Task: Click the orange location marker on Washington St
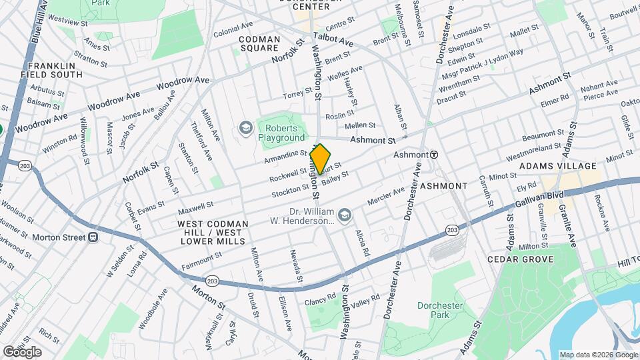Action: tap(320, 159)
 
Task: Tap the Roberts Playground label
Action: tap(281, 133)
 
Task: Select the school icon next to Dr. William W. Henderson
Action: tap(345, 215)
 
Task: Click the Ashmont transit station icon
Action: tap(433, 154)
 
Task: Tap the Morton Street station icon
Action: tap(93, 237)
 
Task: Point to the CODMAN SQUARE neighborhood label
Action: tap(259, 44)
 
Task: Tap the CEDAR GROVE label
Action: tap(520, 259)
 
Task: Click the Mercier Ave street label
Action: tap(386, 197)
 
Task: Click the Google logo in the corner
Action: tap(22, 351)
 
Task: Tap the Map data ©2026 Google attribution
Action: tap(598, 355)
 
